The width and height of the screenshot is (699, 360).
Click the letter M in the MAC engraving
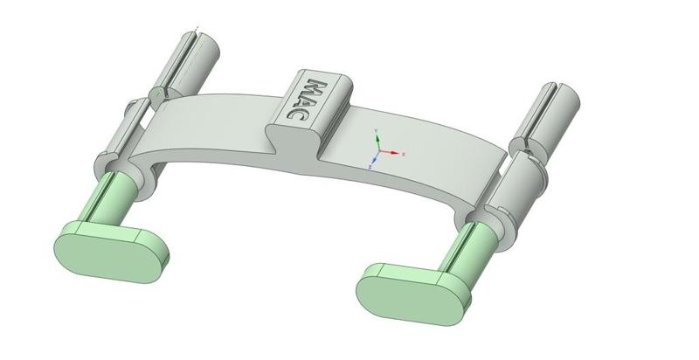coord(319,88)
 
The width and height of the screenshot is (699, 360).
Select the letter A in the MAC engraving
coord(308,100)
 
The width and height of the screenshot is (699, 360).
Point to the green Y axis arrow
coord(376,139)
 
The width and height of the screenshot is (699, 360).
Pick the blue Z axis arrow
coord(373,158)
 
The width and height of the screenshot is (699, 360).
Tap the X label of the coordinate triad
coord(404,154)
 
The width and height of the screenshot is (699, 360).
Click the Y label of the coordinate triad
coord(376,130)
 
